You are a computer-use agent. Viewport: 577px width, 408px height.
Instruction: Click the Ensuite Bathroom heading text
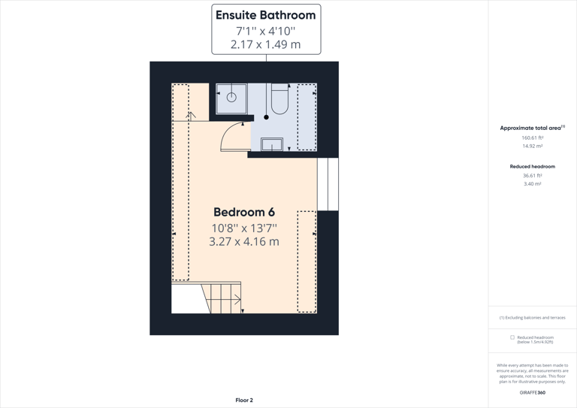coord(265,15)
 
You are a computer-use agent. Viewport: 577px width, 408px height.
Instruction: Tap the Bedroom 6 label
coord(244,213)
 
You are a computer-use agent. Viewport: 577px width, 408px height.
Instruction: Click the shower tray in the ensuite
coord(231,98)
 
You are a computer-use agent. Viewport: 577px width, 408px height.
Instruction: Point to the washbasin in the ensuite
coord(271,144)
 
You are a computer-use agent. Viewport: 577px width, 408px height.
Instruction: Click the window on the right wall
coord(328,184)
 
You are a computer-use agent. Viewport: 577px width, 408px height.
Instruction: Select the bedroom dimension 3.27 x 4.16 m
coord(244,242)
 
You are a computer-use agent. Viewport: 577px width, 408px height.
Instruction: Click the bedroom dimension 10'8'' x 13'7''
coord(244,228)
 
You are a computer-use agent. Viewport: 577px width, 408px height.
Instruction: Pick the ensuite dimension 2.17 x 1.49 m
coord(265,45)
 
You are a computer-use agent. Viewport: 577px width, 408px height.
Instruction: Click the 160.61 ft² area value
coord(532,138)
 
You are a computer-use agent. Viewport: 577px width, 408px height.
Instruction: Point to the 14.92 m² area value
coord(532,147)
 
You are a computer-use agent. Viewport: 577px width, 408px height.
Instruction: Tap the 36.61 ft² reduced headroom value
coord(532,176)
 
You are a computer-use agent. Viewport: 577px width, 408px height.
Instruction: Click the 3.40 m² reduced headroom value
coord(532,184)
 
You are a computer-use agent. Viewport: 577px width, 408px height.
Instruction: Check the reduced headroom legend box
coord(512,337)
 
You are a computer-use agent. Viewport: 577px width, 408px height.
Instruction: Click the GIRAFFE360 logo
coord(532,392)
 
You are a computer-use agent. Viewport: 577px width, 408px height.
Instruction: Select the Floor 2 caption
coord(244,400)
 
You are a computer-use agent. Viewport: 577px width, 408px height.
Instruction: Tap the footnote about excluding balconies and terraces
coord(532,318)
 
